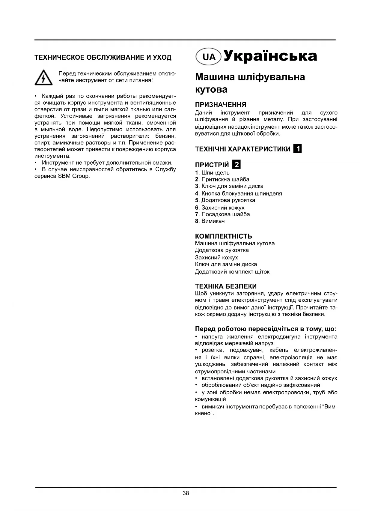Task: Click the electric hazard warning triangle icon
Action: pos(43,77)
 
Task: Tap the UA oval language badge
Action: pos(209,57)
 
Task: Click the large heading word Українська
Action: pos(270,56)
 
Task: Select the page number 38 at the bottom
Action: pos(186,493)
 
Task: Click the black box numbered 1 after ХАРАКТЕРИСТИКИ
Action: pos(298,149)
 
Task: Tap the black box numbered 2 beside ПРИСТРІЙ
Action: pos(237,164)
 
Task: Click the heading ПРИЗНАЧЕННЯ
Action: pos(220,105)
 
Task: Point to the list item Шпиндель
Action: pos(215,172)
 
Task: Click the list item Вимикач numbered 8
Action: pos(213,221)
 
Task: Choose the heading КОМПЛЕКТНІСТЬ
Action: pos(223,236)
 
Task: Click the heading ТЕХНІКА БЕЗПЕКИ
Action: pos(226,286)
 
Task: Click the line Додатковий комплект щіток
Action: pos(232,272)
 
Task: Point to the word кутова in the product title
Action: pos(211,89)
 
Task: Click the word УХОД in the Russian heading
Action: pos(162,57)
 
